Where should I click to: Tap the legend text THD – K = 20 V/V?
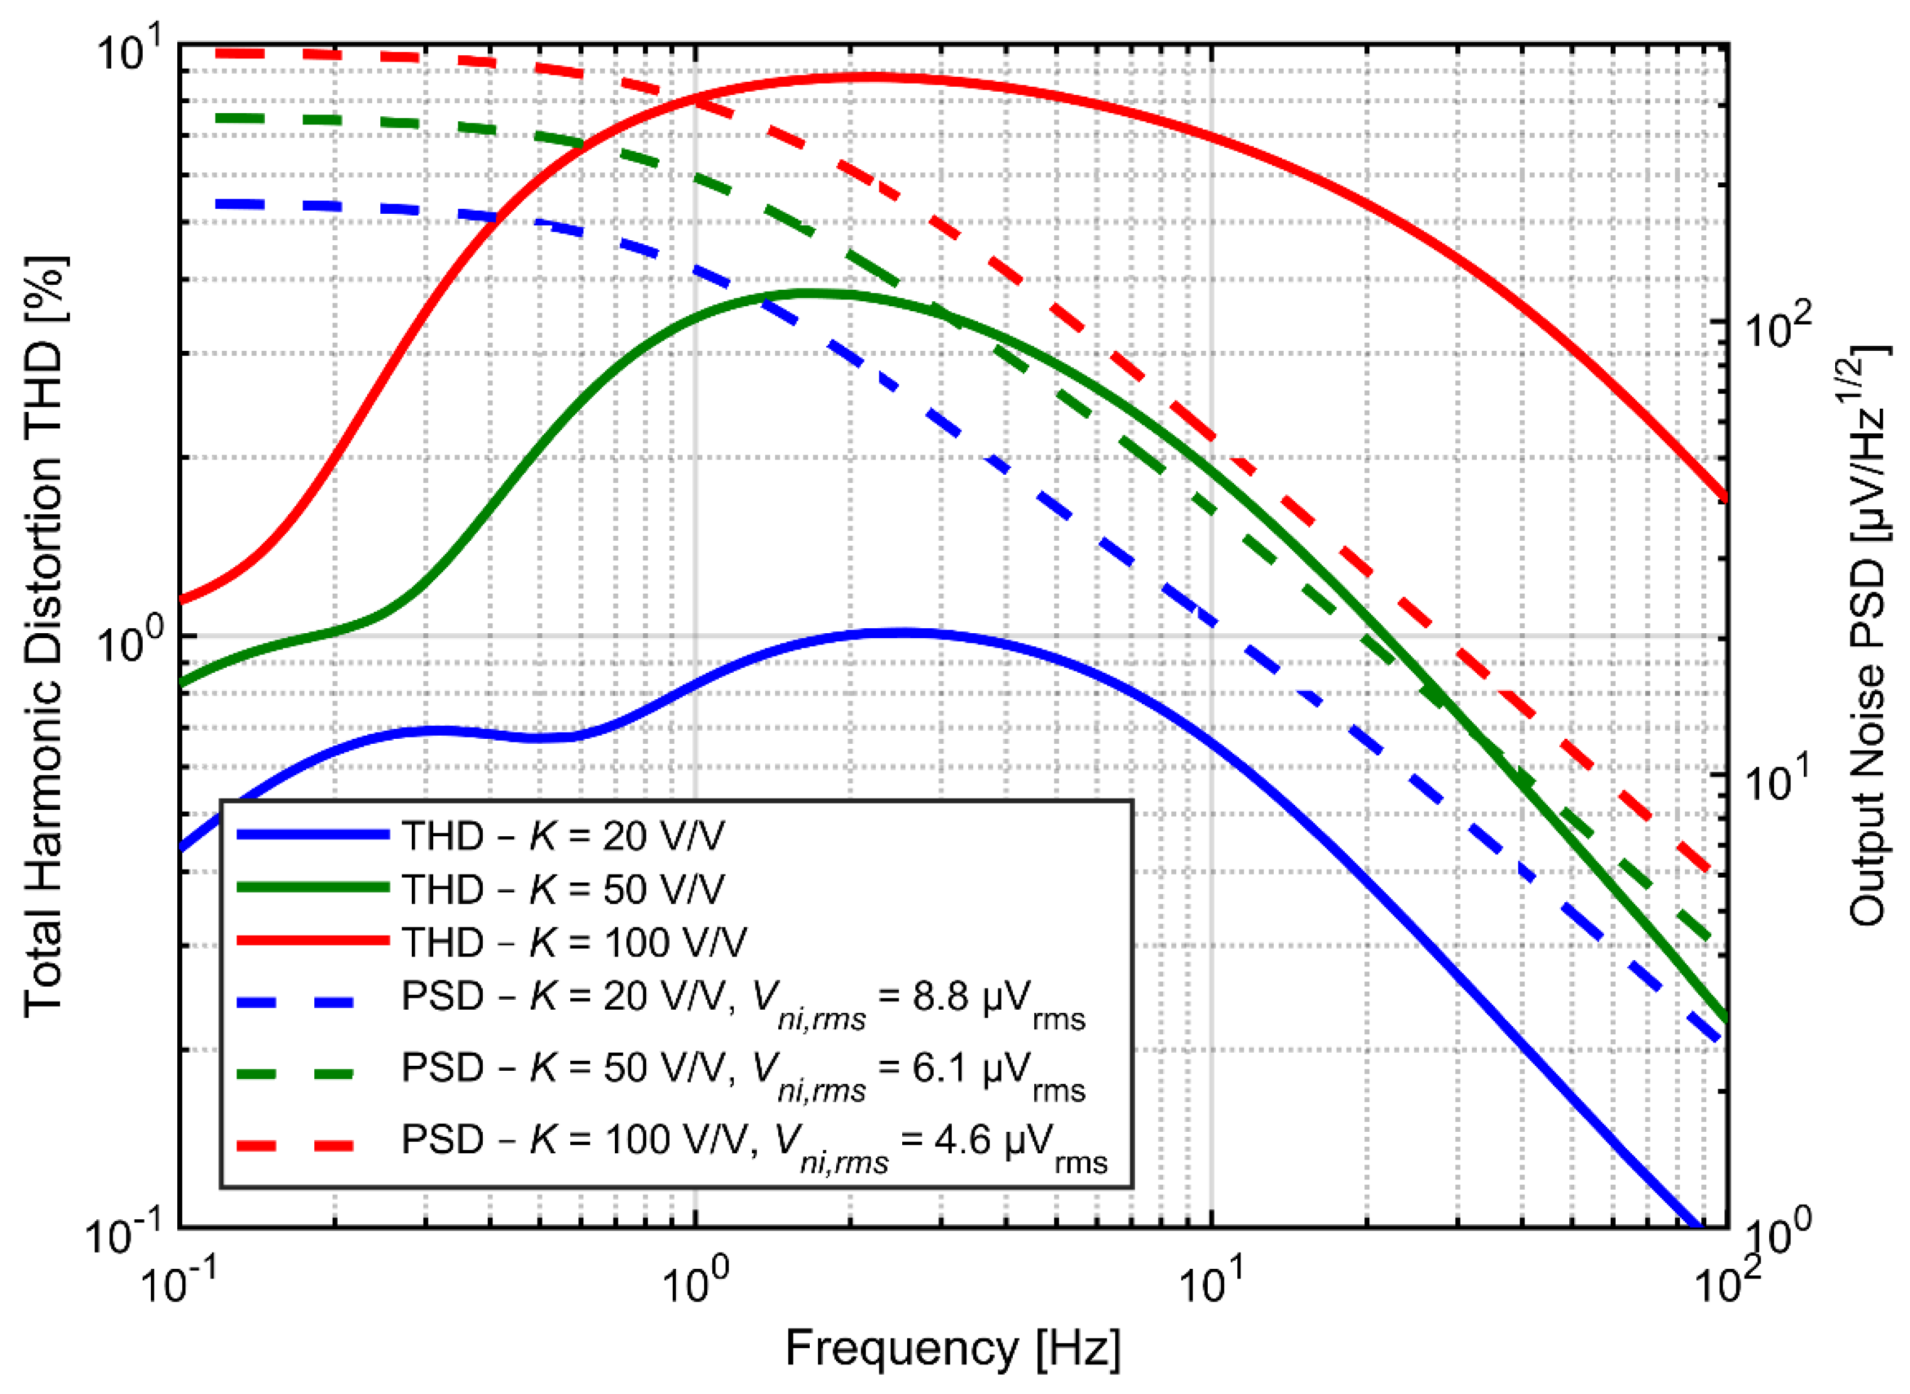point(563,836)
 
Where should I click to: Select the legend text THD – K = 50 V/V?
point(563,888)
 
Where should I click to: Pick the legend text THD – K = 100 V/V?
point(573,942)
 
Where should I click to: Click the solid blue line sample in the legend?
point(312,834)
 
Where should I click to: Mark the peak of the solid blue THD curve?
point(903,631)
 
